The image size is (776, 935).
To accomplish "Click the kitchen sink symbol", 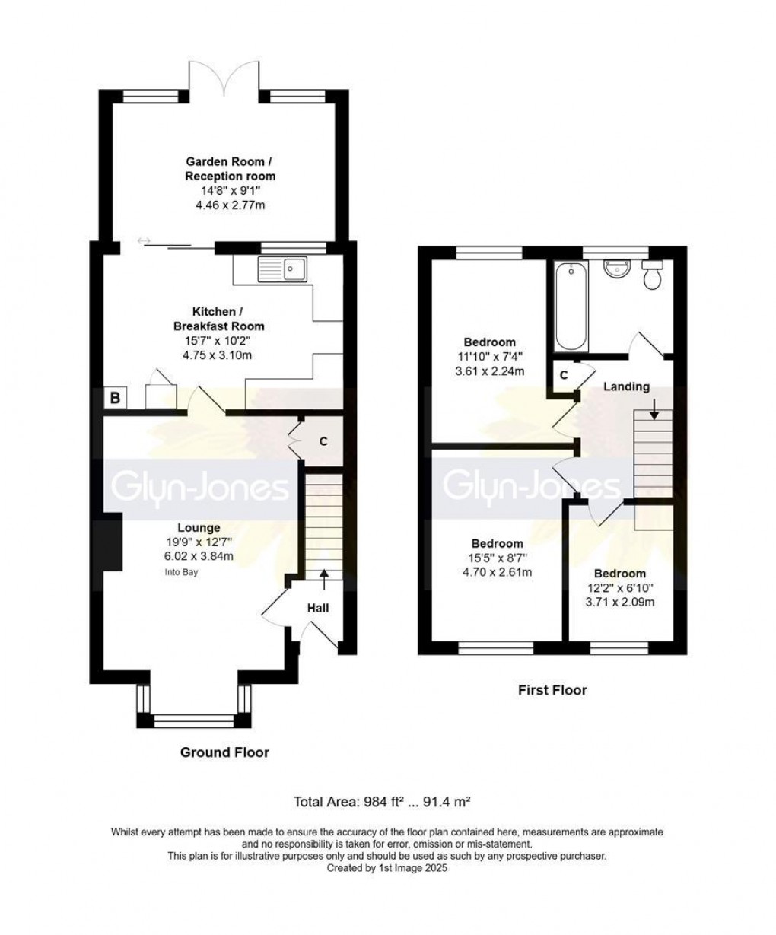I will (x=281, y=269).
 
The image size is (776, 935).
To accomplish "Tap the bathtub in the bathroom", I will (x=571, y=305).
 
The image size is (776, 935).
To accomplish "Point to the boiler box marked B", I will (x=115, y=397).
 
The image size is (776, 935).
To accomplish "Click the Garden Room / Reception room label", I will (x=226, y=169).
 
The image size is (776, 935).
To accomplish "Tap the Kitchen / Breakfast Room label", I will (x=217, y=320).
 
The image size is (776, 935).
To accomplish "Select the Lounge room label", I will (x=199, y=527).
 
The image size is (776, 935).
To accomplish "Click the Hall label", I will (x=318, y=608).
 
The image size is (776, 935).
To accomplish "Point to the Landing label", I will (x=626, y=386).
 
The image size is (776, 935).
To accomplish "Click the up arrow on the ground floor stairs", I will (x=324, y=579).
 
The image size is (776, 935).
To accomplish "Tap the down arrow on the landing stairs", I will (x=653, y=415).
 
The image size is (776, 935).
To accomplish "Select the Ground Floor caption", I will (x=224, y=752).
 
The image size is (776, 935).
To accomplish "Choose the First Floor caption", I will (x=552, y=690).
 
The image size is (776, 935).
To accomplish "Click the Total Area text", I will (x=384, y=801).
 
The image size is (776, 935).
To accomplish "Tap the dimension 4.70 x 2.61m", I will (x=497, y=572).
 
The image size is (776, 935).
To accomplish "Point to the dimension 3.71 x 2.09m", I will (x=620, y=602).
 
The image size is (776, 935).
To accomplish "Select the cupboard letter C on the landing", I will (x=564, y=375).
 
